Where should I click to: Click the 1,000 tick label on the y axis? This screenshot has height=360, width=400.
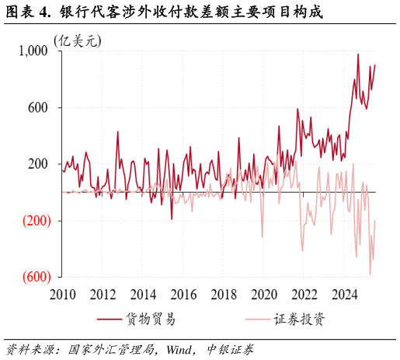click(33, 51)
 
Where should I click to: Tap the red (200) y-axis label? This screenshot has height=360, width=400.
click(34, 221)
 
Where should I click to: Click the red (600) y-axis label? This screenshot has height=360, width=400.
click(34, 277)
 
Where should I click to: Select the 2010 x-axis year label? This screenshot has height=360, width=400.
click(62, 295)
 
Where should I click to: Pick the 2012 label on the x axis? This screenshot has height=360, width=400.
click(103, 295)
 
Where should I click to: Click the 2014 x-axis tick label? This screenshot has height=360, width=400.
click(143, 295)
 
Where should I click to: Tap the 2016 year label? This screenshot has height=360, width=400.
click(183, 295)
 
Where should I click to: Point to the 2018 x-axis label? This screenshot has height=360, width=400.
click(224, 295)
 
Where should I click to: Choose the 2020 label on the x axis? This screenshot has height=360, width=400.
click(264, 295)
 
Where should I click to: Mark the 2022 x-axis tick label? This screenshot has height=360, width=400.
click(304, 295)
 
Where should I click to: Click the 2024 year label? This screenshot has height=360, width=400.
click(345, 295)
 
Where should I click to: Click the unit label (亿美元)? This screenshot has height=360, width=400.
click(77, 40)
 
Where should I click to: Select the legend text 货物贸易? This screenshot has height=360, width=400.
click(150, 320)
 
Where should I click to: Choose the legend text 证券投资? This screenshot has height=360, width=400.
click(299, 320)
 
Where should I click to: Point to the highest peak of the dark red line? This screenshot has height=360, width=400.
click(358, 54)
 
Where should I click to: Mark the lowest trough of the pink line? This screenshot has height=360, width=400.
click(370, 274)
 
